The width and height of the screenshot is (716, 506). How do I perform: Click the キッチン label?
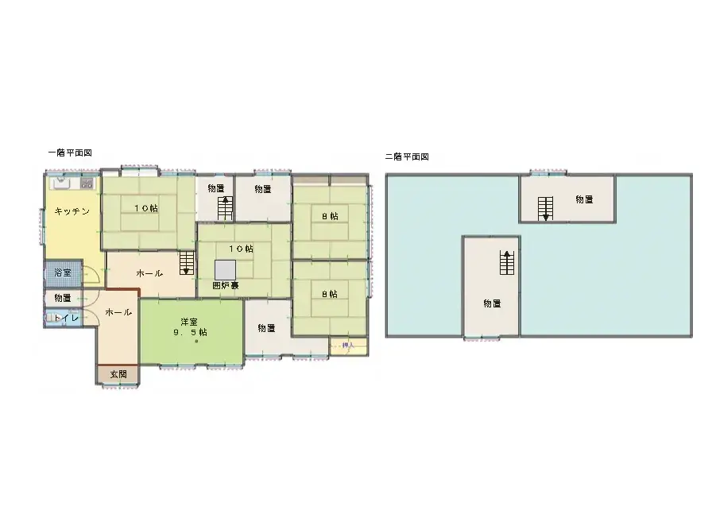(x=72, y=211)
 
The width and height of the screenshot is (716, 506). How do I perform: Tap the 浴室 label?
(x=62, y=272)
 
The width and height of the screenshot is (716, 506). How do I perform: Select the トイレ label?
(x=63, y=318)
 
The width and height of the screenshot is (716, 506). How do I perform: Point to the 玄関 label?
(x=118, y=373)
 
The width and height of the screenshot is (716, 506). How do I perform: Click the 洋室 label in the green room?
(x=188, y=322)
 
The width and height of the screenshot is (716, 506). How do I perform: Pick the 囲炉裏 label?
(x=225, y=284)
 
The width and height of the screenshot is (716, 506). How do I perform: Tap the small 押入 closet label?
(x=346, y=346)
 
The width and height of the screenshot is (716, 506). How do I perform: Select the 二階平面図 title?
(x=407, y=156)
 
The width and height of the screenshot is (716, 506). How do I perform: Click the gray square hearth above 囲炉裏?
(x=225, y=269)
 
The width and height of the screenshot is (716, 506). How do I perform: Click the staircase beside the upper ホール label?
(x=186, y=263)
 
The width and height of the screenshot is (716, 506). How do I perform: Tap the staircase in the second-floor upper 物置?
(x=545, y=208)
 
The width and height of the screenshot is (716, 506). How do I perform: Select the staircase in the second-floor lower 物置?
(x=505, y=263)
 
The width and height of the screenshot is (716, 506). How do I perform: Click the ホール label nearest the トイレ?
(x=118, y=312)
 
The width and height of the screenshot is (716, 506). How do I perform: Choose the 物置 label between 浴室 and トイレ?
(x=63, y=298)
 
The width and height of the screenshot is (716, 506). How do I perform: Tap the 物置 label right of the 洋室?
(x=266, y=328)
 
